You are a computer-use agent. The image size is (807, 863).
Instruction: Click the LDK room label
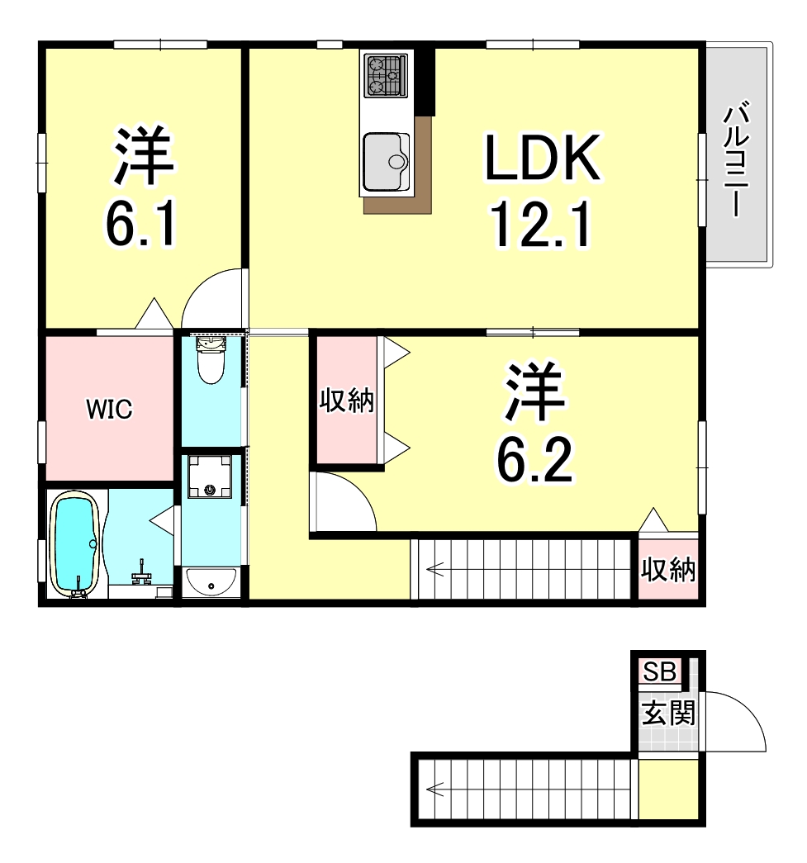[x=542, y=158]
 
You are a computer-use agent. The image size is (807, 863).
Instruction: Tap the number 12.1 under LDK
[x=540, y=225]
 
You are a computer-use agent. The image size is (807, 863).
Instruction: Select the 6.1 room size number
[x=141, y=224]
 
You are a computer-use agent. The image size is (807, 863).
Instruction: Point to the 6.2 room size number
[x=534, y=459]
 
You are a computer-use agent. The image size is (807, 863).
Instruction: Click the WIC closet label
[x=109, y=409]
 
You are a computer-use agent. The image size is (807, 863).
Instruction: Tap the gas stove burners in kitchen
[x=386, y=75]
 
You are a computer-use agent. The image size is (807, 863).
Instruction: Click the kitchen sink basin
[x=387, y=161]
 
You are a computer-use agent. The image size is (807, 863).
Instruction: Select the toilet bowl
[x=211, y=362]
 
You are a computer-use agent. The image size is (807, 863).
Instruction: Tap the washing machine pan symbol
[x=210, y=476]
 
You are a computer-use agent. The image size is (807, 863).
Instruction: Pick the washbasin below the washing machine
[x=211, y=581]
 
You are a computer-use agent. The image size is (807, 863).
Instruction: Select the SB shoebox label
[x=659, y=671]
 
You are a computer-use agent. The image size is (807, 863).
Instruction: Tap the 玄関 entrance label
[x=668, y=714]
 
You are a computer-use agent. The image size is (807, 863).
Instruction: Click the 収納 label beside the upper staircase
[x=668, y=570]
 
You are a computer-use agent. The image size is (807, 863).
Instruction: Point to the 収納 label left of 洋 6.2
[x=347, y=401]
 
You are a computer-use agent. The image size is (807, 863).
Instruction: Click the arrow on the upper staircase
[x=434, y=569]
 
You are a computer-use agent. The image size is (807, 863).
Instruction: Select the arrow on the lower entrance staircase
[x=434, y=790]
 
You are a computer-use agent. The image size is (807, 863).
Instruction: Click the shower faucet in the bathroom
[x=143, y=573]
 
